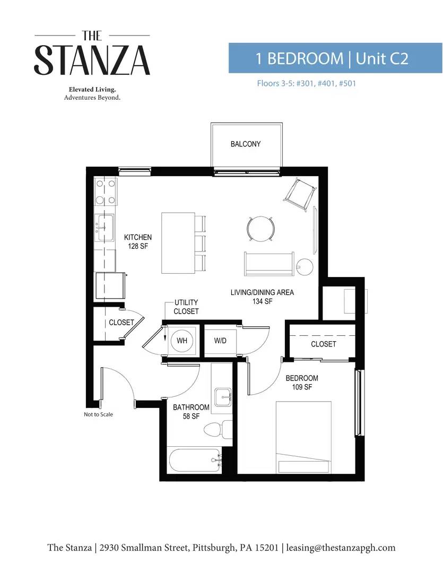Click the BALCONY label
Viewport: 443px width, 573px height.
click(x=245, y=144)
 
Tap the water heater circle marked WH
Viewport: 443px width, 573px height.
click(x=181, y=341)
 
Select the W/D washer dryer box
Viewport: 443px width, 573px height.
click(x=220, y=341)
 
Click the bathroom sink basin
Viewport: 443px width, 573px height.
click(x=223, y=397)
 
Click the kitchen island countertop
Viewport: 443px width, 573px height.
click(x=178, y=243)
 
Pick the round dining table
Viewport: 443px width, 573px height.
click(x=260, y=229)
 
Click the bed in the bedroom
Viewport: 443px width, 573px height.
click(x=303, y=437)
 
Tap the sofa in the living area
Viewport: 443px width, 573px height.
click(x=270, y=264)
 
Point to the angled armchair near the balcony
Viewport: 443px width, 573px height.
click(x=300, y=194)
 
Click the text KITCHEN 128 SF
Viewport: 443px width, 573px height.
click(x=138, y=241)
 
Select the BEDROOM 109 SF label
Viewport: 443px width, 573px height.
click(x=302, y=382)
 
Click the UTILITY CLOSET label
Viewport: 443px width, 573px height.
click(x=186, y=307)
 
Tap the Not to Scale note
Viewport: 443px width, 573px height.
click(x=98, y=414)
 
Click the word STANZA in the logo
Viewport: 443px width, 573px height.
click(x=92, y=60)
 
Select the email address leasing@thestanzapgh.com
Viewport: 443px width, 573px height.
click(x=341, y=548)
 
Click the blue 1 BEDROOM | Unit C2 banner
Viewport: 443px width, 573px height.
click(x=335, y=58)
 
